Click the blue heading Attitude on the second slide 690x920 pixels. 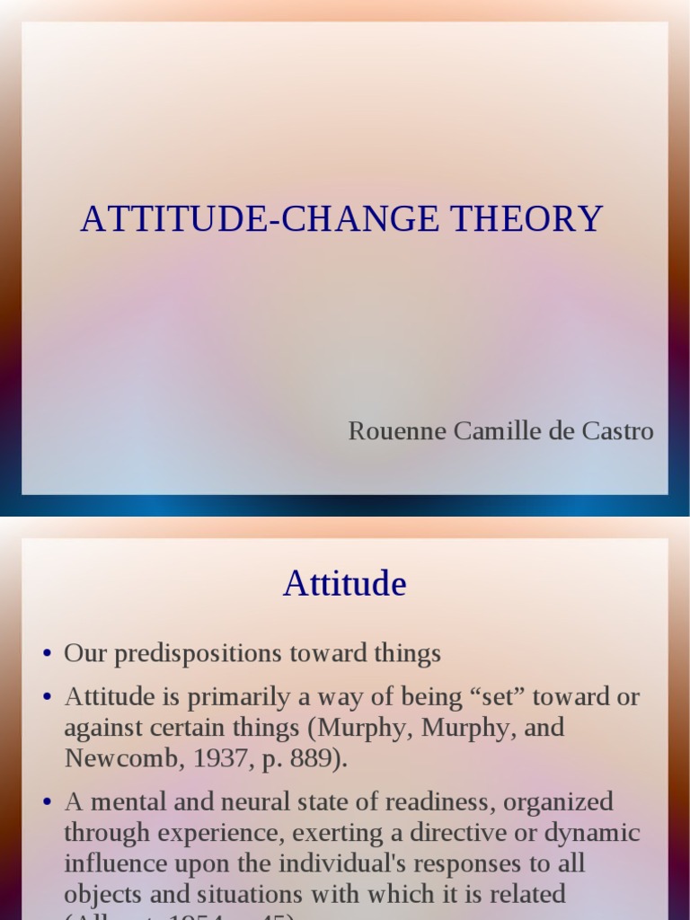point(344,584)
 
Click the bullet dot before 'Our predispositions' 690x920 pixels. point(48,655)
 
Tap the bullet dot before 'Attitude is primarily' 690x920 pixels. point(48,698)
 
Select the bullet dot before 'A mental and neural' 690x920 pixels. point(48,802)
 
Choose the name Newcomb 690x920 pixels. point(108,758)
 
